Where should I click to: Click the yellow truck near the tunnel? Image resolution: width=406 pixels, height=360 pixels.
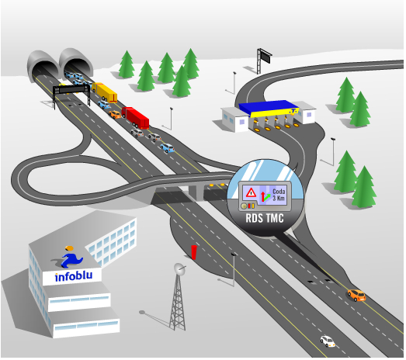[x=105, y=92]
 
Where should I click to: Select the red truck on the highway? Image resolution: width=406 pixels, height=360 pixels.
[x=135, y=118]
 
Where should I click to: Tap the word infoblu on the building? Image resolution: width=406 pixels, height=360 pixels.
[x=74, y=276]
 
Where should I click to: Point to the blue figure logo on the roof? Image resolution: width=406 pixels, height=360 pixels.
[x=71, y=257]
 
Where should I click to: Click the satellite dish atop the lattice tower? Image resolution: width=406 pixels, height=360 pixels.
[x=179, y=269]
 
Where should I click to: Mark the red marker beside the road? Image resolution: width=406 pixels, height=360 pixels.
[x=194, y=252]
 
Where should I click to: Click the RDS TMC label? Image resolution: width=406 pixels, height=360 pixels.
[x=265, y=218]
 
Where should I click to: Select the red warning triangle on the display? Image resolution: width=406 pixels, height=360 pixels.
[x=251, y=192]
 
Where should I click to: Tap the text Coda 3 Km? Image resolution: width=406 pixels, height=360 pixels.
[x=279, y=195]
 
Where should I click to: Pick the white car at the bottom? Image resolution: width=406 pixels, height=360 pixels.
[x=328, y=341]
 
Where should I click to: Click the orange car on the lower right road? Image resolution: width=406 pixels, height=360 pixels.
[x=356, y=295]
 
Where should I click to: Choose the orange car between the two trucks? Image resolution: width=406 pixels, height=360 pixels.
[x=115, y=114]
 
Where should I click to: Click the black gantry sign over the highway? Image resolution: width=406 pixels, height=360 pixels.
[x=71, y=89]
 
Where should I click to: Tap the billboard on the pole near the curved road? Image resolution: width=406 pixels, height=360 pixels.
[x=265, y=56]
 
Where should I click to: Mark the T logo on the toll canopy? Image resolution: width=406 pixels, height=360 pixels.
[x=293, y=111]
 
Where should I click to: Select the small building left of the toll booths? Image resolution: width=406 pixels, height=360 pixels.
[x=234, y=119]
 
